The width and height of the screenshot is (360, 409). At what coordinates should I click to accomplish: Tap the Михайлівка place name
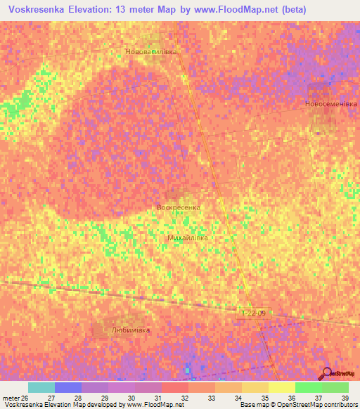point(188,238)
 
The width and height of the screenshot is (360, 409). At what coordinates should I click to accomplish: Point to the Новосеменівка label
point(330,103)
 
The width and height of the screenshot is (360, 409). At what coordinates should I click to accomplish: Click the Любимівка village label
point(131,329)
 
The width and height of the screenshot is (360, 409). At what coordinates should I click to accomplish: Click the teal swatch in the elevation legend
point(41,387)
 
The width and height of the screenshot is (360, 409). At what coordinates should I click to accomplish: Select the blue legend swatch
point(68,387)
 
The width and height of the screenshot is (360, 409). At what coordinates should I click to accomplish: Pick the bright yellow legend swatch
point(282,387)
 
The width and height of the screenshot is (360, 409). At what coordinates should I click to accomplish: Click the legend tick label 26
point(25,397)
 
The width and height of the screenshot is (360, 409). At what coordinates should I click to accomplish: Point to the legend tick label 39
point(345,397)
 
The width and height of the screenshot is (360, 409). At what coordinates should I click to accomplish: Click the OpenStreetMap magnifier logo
point(326,372)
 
